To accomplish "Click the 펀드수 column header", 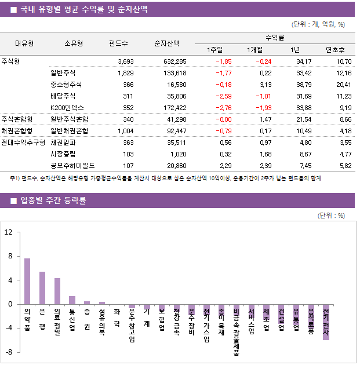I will (x=118, y=43).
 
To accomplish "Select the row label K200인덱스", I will (x=67, y=107).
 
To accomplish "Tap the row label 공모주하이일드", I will (x=72, y=165).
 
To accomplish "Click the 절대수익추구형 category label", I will (x=23, y=142).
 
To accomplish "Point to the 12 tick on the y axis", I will (x=9, y=232).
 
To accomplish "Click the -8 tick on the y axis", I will (x=9, y=352).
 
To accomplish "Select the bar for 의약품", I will (x=27, y=281).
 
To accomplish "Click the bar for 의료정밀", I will (x=57, y=291).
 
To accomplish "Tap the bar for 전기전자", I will (x=326, y=322).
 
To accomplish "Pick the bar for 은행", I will (x=42, y=288).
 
